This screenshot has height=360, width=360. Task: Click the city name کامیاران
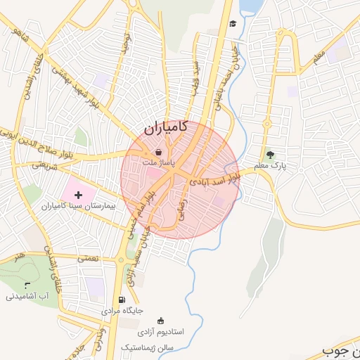tap(165, 128)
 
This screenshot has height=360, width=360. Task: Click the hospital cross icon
tap(77, 193)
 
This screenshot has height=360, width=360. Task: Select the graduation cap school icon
tap(233, 24)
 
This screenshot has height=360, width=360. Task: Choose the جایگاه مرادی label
tap(122, 310)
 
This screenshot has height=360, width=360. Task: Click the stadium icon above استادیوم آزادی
tap(124, 321)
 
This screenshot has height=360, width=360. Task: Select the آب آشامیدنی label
tap(27, 296)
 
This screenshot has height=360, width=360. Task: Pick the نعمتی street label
tap(89, 259)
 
